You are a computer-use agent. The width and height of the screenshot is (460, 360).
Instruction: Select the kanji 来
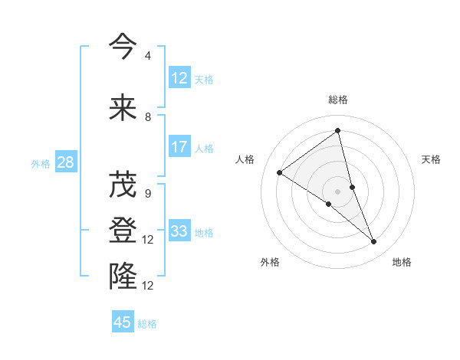coord(123,108)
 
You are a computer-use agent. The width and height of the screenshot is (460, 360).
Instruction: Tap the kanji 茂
coord(123,185)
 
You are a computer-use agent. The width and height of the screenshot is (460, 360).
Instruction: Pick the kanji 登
coord(123,230)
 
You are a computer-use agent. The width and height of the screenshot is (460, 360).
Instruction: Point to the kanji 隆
coord(123,275)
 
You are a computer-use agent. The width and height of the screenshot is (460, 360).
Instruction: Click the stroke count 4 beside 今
coord(147,56)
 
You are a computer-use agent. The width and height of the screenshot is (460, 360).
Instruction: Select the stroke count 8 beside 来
coord(147,117)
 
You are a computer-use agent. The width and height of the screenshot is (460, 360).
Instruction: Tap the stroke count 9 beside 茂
coord(147,194)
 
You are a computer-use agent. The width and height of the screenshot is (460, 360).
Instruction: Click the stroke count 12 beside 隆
coord(149,285)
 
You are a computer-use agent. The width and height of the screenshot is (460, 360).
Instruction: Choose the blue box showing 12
coord(179,77)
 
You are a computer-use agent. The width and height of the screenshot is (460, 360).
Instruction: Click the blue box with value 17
coord(179,147)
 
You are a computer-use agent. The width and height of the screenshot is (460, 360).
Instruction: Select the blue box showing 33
coord(179,231)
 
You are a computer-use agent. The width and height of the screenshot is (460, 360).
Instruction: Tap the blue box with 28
coord(65,162)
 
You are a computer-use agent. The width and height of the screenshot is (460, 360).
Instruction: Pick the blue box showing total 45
coord(123,322)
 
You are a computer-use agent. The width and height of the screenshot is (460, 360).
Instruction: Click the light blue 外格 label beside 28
coord(41,163)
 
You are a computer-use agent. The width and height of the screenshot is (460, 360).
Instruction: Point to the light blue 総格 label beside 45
coord(147,324)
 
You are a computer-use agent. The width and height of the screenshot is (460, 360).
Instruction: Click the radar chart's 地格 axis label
coord(402,262)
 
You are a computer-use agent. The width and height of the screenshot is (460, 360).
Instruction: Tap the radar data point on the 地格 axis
coord(374,242)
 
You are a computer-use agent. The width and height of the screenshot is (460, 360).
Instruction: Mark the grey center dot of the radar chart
coord(337,191)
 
